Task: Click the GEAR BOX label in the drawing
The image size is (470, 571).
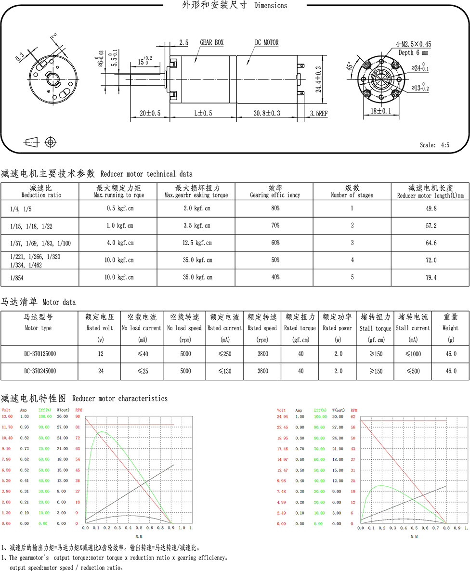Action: tap(212, 43)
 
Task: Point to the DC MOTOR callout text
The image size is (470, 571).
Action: tap(266, 43)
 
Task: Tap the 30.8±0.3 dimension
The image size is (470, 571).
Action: tap(267, 113)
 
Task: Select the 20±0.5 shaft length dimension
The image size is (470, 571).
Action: tap(150, 113)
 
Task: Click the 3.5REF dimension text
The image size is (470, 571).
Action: tap(318, 113)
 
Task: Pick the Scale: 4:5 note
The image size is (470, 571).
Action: tap(434, 145)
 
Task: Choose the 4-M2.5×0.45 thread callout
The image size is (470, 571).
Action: tap(413, 44)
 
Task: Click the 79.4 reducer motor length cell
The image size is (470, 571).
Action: tap(431, 278)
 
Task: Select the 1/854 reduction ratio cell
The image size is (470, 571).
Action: tap(18, 278)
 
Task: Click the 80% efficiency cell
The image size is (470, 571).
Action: tap(275, 208)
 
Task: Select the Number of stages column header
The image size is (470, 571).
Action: tap(352, 195)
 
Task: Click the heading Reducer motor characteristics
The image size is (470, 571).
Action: tap(120, 399)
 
